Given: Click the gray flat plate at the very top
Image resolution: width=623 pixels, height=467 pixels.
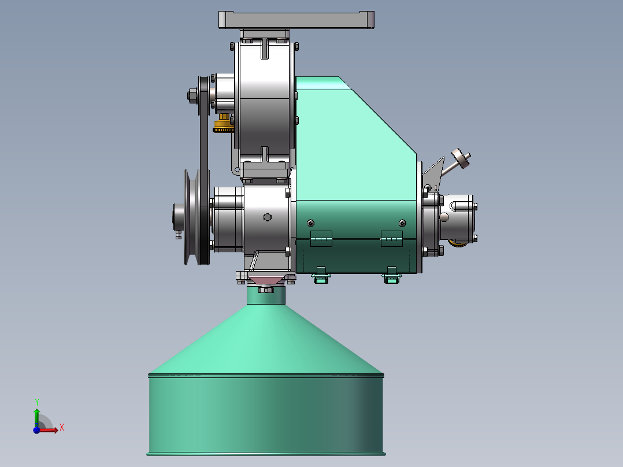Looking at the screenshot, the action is (296, 20).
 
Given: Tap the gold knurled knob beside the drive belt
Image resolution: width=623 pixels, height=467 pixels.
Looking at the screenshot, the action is (224, 124).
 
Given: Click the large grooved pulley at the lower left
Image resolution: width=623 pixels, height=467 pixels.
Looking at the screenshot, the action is (192, 217).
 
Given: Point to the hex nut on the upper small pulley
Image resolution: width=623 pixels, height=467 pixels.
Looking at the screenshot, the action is (192, 95).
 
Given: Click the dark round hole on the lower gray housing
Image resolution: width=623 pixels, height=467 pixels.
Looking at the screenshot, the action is (268, 217).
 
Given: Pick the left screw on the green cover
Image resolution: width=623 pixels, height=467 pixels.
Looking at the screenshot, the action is (311, 223).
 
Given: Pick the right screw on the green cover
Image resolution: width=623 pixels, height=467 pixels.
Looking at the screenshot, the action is (402, 223).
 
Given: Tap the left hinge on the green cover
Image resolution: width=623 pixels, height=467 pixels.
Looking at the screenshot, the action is (321, 239).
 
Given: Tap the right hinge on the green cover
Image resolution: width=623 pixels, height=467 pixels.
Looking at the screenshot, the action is (392, 239).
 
